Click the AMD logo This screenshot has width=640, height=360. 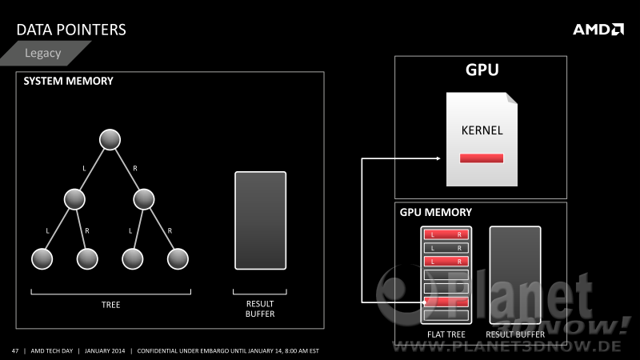[598, 30]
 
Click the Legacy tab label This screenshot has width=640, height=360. [43, 53]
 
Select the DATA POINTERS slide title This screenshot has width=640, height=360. [71, 30]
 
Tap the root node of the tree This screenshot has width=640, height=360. [110, 139]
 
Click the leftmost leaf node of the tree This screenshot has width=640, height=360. [42, 258]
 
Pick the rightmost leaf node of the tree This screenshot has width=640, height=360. [178, 258]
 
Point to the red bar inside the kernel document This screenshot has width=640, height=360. [482, 158]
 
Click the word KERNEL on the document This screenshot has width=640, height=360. [482, 130]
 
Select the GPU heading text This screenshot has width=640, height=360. [482, 70]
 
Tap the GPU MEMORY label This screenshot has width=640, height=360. [435, 212]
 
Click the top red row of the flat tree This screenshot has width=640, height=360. [446, 234]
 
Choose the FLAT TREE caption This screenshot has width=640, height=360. [446, 334]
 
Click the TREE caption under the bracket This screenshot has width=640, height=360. [110, 305]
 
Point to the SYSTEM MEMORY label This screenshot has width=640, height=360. [68, 81]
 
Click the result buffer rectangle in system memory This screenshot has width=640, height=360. [261, 221]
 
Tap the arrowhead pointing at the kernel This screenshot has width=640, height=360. [438, 158]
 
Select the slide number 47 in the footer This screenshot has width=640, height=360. [15, 350]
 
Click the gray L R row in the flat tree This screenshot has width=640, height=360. [446, 248]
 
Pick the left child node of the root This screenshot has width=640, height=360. [74, 199]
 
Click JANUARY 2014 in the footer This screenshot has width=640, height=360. [105, 350]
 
